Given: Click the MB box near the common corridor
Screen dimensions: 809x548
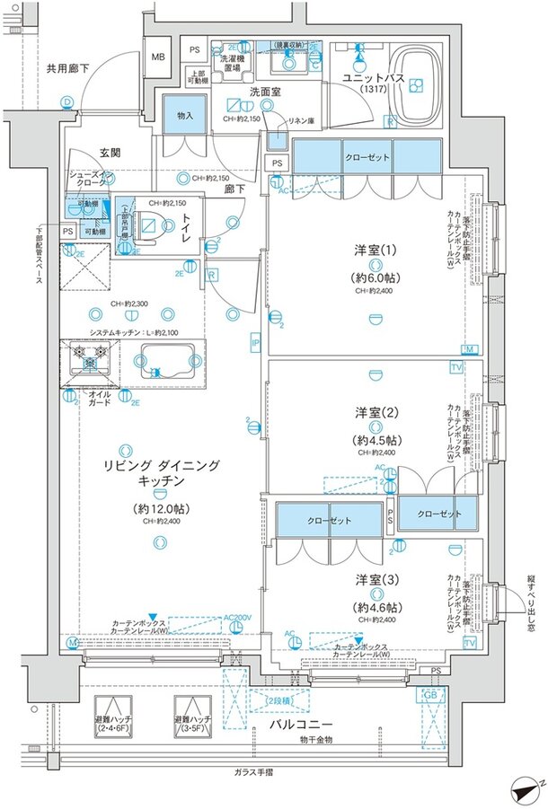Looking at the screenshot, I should click(x=157, y=57).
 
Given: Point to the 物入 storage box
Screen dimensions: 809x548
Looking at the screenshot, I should click(x=185, y=115).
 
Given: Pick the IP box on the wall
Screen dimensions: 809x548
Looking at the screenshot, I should click(x=255, y=342).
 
